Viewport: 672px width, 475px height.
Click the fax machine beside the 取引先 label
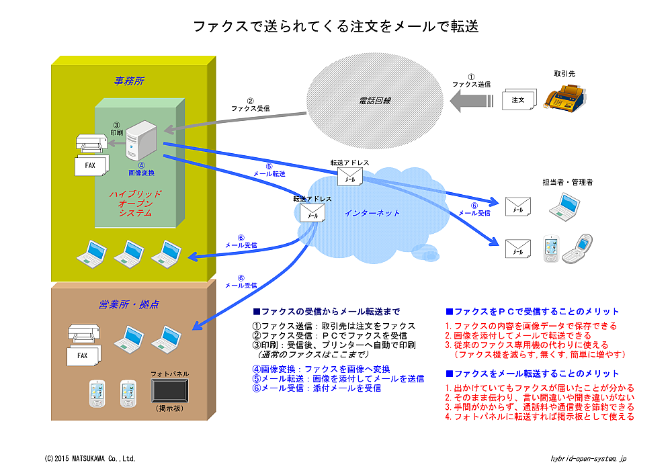click(x=566, y=99)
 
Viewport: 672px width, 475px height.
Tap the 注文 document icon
click(x=519, y=100)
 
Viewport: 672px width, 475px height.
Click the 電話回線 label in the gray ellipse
click(x=375, y=101)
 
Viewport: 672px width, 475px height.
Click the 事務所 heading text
click(x=128, y=81)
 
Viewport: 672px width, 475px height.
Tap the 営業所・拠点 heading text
click(x=128, y=305)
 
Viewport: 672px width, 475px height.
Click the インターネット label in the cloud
click(x=372, y=213)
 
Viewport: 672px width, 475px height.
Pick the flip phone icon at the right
click(x=576, y=249)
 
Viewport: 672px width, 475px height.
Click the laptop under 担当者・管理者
click(x=563, y=206)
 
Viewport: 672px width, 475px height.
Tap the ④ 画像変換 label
click(x=142, y=169)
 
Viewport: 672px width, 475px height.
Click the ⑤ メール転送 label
click(x=269, y=170)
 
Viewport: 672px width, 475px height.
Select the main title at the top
click(x=335, y=26)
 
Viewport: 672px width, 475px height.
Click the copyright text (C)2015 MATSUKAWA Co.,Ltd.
click(x=90, y=458)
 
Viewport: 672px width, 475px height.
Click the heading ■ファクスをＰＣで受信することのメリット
click(x=532, y=312)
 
